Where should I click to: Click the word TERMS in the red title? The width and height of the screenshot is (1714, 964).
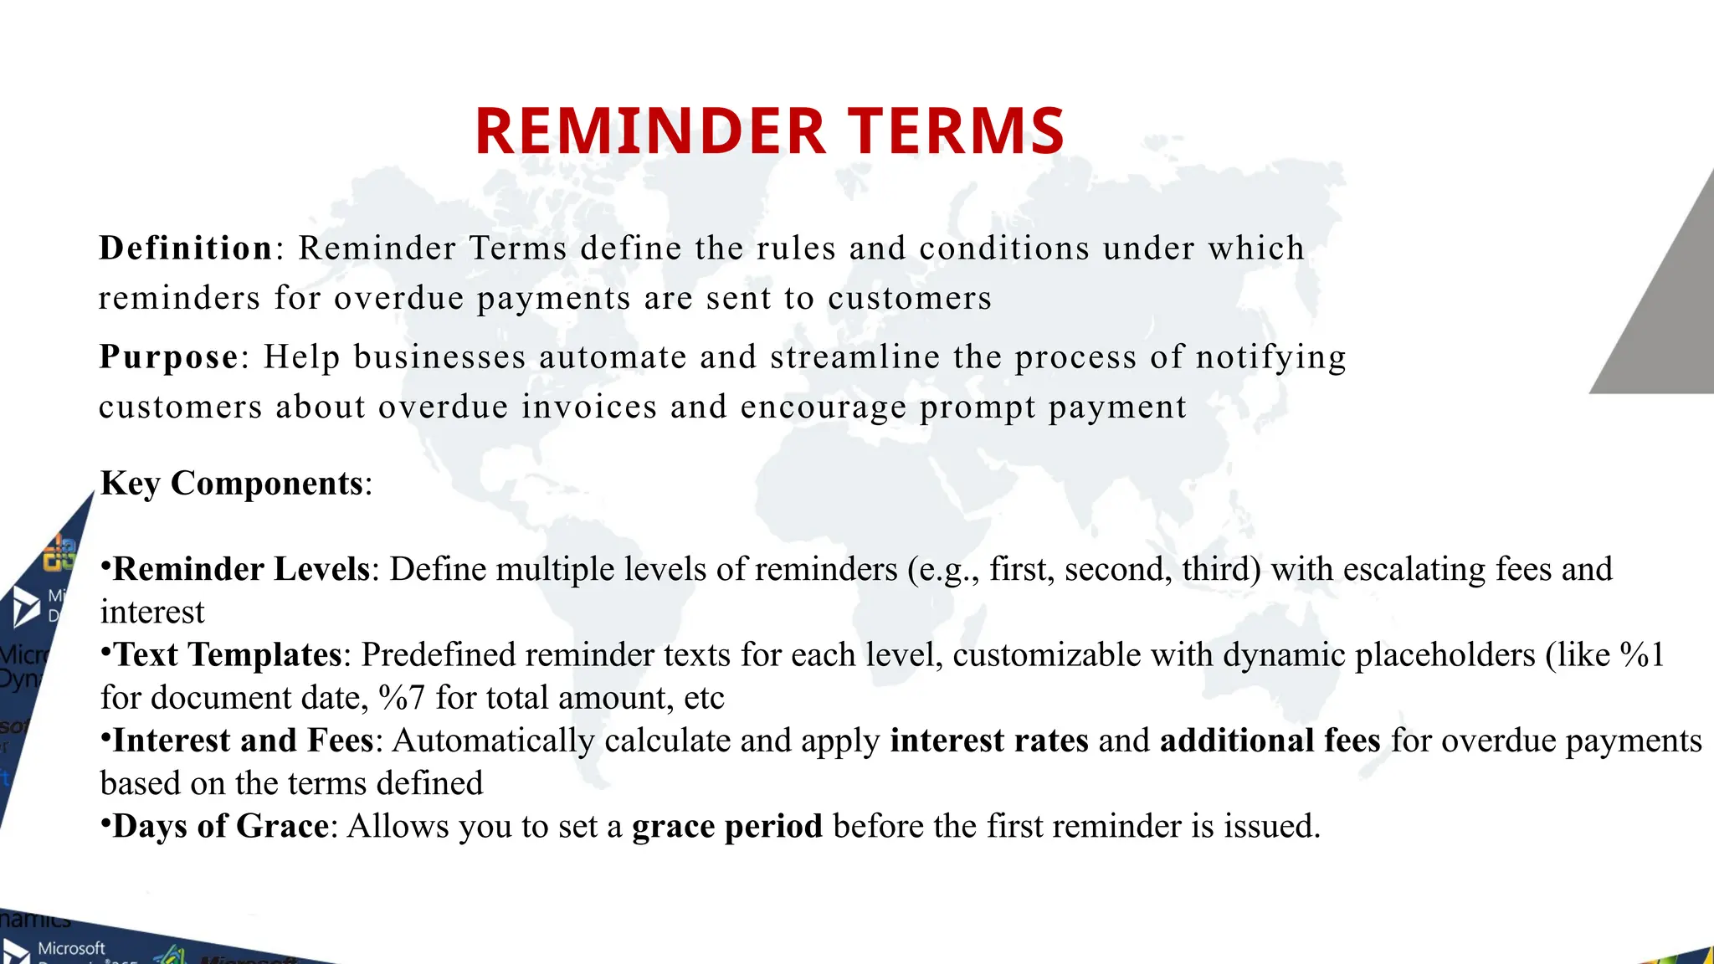click(x=957, y=132)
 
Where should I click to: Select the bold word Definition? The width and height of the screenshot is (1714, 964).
click(x=185, y=249)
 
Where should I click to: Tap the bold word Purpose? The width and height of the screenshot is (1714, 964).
click(x=168, y=357)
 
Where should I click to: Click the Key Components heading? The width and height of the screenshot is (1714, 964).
click(x=232, y=484)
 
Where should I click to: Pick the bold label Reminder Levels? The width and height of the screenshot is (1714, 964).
click(x=241, y=570)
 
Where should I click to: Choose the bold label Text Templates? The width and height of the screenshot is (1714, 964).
click(x=228, y=655)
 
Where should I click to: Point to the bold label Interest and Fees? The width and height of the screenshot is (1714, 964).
click(x=243, y=741)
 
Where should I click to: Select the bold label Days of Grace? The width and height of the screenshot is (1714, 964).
click(x=221, y=827)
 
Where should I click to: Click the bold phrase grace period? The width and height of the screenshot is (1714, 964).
click(x=727, y=827)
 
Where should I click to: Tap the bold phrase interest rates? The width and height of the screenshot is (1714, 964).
click(x=989, y=741)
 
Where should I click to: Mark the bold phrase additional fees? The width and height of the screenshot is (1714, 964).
click(x=1270, y=741)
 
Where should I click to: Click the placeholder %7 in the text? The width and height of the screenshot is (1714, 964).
click(x=402, y=698)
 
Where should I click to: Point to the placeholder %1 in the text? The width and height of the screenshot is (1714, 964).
click(x=1642, y=655)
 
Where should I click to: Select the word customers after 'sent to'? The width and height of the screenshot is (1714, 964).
click(x=910, y=299)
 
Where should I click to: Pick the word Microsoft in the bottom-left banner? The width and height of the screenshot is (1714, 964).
click(x=71, y=948)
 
